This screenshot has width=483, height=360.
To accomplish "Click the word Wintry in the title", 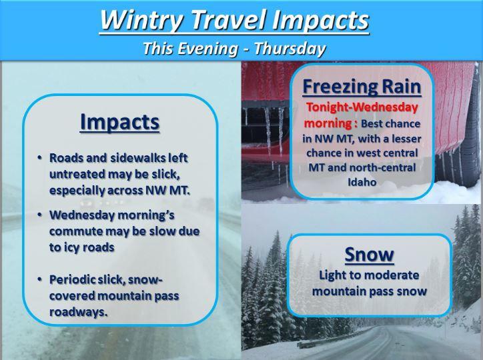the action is click(x=142, y=19).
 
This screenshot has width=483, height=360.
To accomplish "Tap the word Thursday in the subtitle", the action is click(x=290, y=49).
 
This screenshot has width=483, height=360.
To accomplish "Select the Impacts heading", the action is click(x=119, y=123).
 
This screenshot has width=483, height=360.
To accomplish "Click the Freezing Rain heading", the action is click(x=362, y=87).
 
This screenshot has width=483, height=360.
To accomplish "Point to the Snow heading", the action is click(x=370, y=254).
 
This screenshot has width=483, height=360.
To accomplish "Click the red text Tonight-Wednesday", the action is click(x=362, y=107).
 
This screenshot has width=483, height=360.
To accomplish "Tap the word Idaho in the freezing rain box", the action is click(x=362, y=182).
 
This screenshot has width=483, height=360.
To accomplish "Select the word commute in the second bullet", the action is click(x=76, y=231).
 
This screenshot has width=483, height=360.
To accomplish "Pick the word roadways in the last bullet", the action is click(x=79, y=312).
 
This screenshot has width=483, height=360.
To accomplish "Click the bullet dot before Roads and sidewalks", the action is click(x=39, y=158).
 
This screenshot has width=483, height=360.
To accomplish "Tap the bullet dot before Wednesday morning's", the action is click(x=39, y=215).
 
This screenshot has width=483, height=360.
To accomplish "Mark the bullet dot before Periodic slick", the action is click(x=39, y=279).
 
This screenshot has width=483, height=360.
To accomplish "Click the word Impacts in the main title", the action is click(x=320, y=20).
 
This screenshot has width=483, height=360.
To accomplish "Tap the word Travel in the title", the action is click(x=228, y=19).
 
